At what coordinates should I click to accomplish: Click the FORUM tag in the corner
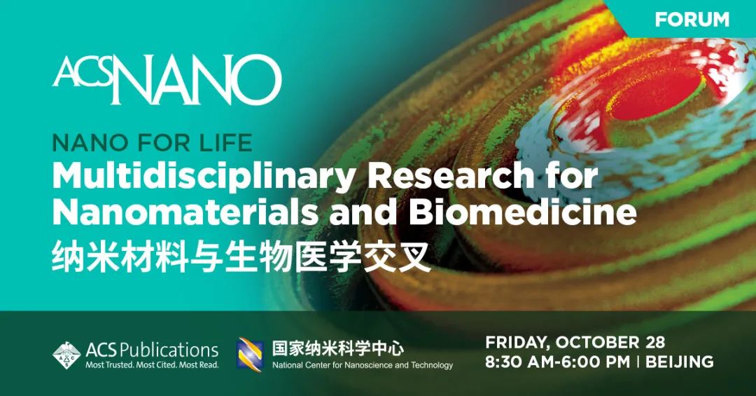(692, 20)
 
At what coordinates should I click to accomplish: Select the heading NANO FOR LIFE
(152, 143)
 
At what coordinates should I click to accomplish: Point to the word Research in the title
(450, 176)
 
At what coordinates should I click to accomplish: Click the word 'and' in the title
(363, 212)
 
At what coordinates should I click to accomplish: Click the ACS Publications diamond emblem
(66, 355)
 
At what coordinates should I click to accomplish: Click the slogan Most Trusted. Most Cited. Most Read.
(152, 365)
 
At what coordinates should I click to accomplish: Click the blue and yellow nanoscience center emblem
(250, 355)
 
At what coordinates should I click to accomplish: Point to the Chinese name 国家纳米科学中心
(338, 348)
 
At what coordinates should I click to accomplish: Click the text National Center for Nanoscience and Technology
(363, 365)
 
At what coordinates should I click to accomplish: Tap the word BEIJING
(680, 362)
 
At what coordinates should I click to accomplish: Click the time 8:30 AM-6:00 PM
(557, 362)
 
